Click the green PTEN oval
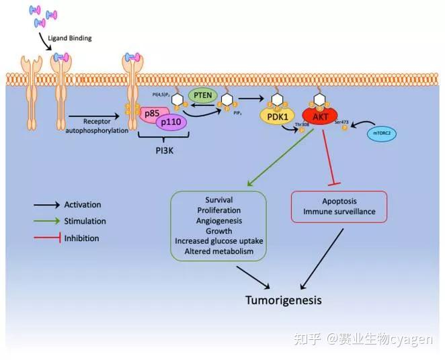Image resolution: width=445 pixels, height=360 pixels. tap(202, 95)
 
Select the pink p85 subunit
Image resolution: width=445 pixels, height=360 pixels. tap(152, 114)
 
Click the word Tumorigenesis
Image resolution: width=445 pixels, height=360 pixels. tap(282, 300)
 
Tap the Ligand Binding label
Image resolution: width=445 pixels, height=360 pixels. tap(70, 38)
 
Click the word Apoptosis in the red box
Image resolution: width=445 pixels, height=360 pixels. tap(339, 201)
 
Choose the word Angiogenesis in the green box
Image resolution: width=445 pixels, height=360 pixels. tap(219, 220)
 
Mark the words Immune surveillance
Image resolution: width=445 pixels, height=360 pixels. tap(339, 212)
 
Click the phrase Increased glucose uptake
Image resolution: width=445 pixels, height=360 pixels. tap(219, 240)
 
